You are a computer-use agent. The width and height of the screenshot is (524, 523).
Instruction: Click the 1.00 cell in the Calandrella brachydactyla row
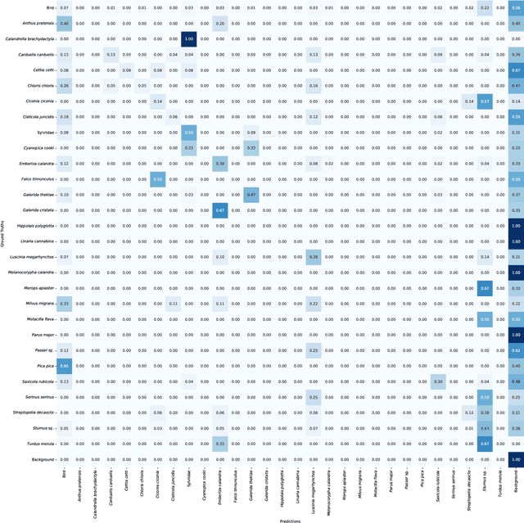[x=189, y=39]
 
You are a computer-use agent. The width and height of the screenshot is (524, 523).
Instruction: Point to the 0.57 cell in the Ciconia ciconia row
[x=485, y=101]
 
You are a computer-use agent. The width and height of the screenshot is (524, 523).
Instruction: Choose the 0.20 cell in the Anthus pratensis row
[x=220, y=24]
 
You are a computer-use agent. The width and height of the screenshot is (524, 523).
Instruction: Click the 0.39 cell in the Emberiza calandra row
[x=220, y=163]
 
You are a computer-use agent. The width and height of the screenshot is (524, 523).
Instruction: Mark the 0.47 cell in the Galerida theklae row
[x=251, y=194]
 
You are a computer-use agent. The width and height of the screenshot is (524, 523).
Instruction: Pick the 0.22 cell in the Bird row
[x=485, y=8]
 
